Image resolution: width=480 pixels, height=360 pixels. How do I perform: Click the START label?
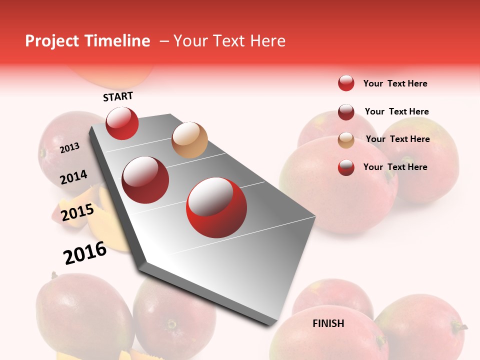[118, 96]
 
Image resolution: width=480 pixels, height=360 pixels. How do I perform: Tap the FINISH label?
[328, 323]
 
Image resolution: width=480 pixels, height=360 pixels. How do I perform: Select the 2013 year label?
[70, 148]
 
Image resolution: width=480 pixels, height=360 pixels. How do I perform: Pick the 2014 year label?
[74, 177]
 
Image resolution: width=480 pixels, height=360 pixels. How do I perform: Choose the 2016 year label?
[85, 252]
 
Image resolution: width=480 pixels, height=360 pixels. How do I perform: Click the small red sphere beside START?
[122, 123]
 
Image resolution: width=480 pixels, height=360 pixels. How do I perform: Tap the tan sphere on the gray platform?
[189, 140]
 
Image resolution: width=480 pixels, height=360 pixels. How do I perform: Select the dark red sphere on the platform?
[145, 179]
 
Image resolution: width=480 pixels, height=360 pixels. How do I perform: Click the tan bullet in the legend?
[346, 140]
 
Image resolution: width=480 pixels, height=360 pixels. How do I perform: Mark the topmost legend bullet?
[346, 83]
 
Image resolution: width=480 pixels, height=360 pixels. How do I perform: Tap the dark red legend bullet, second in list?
[346, 112]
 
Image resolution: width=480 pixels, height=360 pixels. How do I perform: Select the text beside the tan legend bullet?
[397, 139]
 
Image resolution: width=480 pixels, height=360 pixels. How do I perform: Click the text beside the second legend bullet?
[396, 111]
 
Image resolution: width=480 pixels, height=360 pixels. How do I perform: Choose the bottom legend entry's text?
[395, 167]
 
